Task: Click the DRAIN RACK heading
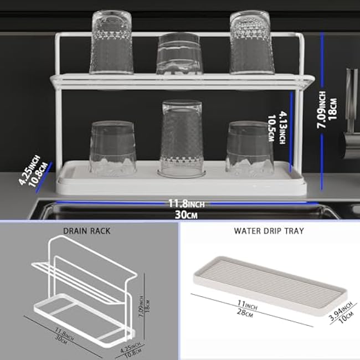[86, 230]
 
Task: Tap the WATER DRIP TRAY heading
[269, 230]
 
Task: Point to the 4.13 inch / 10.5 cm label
[284, 128]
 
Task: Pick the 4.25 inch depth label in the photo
[31, 173]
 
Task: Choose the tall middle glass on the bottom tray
[181, 138]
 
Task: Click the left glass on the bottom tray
[112, 148]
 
